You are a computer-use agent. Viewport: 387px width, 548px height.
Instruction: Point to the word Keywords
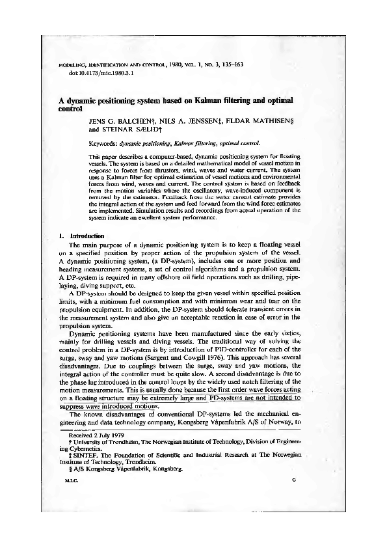[x=103, y=143]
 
